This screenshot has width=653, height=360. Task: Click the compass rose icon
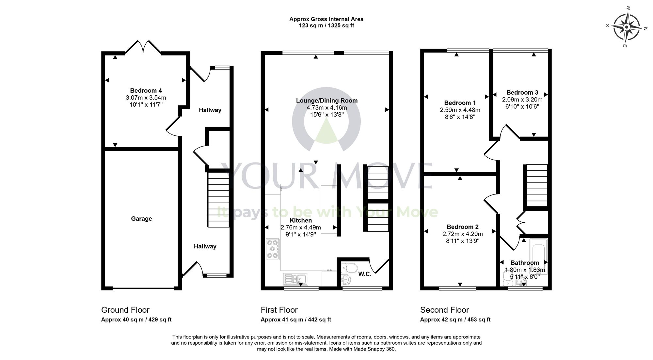coord(626,27)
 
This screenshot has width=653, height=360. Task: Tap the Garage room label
coord(141,219)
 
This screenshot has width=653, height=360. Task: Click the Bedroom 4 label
coord(146,91)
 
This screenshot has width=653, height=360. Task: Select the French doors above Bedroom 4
coord(143,47)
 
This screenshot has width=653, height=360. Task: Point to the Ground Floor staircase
coord(218,199)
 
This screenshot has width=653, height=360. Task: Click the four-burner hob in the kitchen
coord(273,249)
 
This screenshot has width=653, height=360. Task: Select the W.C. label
coord(365,274)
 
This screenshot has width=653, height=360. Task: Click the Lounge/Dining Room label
coord(326,101)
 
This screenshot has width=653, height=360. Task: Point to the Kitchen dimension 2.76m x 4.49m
coord(301,227)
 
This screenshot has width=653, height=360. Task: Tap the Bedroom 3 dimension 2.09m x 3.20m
coord(522,100)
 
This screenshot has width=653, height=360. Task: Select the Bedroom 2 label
coord(462,227)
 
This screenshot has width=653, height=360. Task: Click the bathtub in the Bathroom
coord(539,255)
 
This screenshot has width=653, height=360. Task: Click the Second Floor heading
coord(444,310)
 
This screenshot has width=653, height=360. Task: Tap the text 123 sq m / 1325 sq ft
coord(326,25)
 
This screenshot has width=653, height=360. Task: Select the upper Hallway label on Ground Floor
coord(210,110)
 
